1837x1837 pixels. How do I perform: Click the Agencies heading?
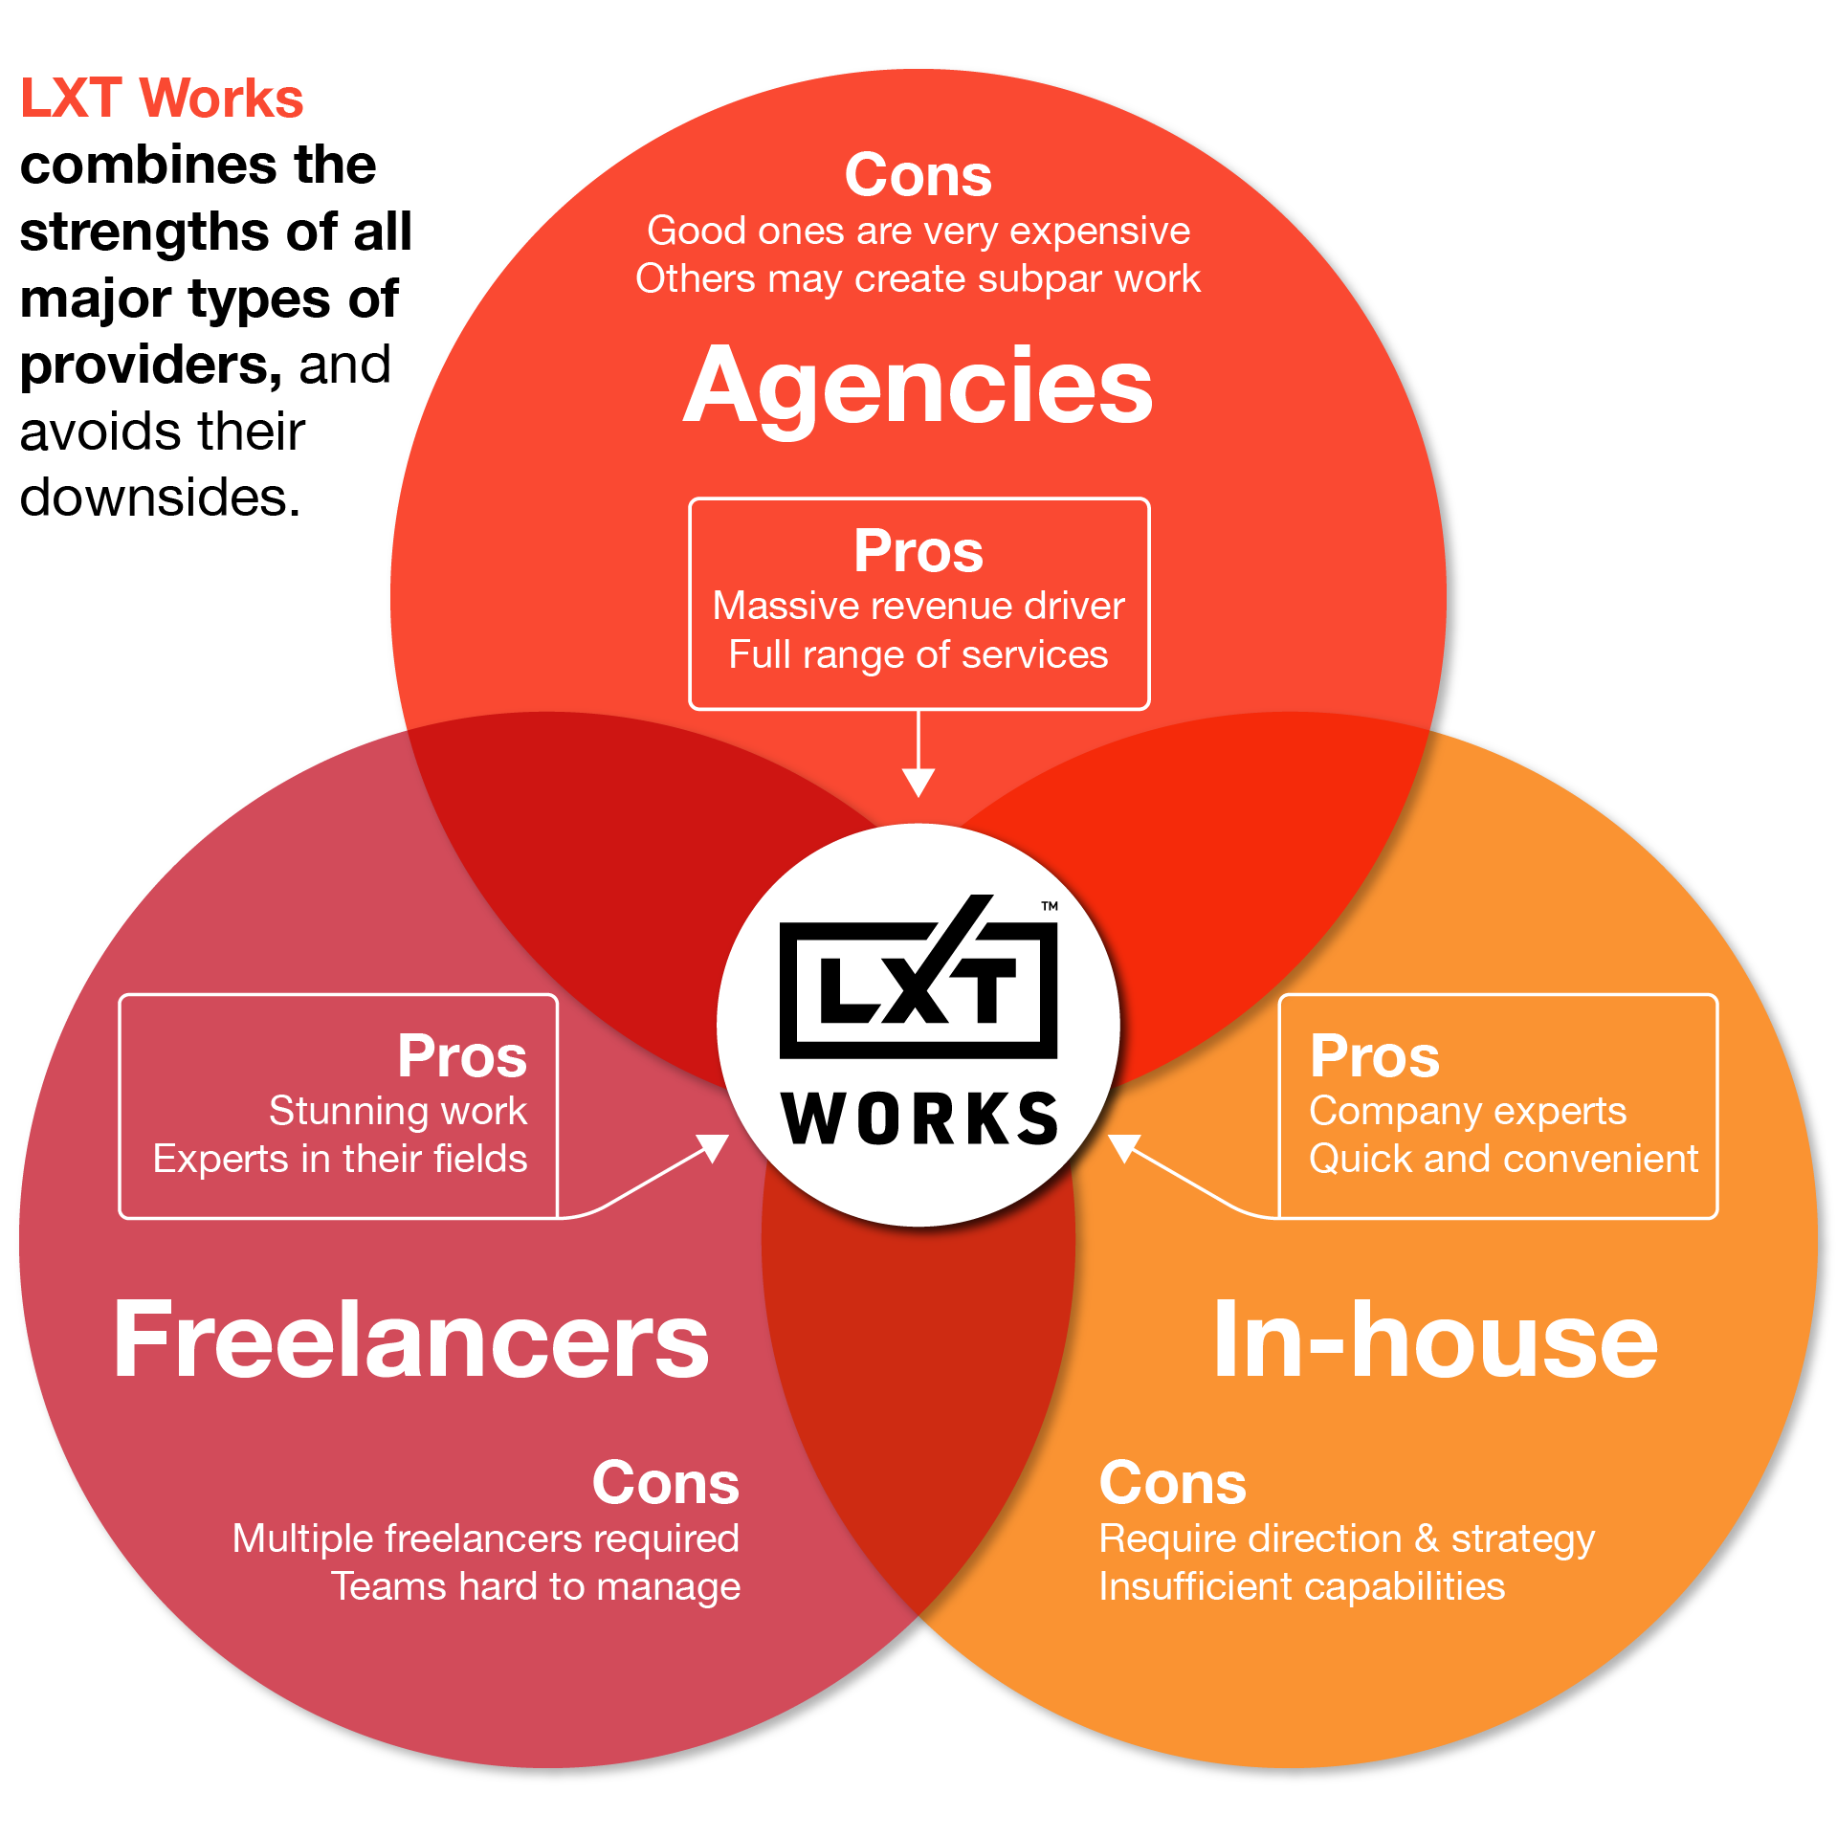[x=918, y=385]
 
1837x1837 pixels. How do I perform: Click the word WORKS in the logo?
[x=919, y=1118]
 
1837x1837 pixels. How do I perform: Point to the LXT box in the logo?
[x=918, y=989]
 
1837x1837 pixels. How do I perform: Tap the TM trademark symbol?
[x=1050, y=905]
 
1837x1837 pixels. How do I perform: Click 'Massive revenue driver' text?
[x=918, y=606]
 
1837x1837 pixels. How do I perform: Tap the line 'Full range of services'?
[x=918, y=654]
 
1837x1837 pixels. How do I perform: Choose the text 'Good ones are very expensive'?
[x=918, y=231]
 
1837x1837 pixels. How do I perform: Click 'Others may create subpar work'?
[x=918, y=278]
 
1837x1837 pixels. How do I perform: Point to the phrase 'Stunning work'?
[x=398, y=1111]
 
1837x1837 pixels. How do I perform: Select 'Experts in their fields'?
[x=341, y=1159]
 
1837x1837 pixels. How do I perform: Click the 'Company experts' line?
[x=1468, y=1111]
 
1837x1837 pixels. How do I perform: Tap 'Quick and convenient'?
[x=1503, y=1159]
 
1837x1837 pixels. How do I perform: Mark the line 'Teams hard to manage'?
[x=536, y=1586]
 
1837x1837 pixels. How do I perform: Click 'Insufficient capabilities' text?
[x=1301, y=1586]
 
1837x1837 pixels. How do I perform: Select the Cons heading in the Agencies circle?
[x=918, y=175]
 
